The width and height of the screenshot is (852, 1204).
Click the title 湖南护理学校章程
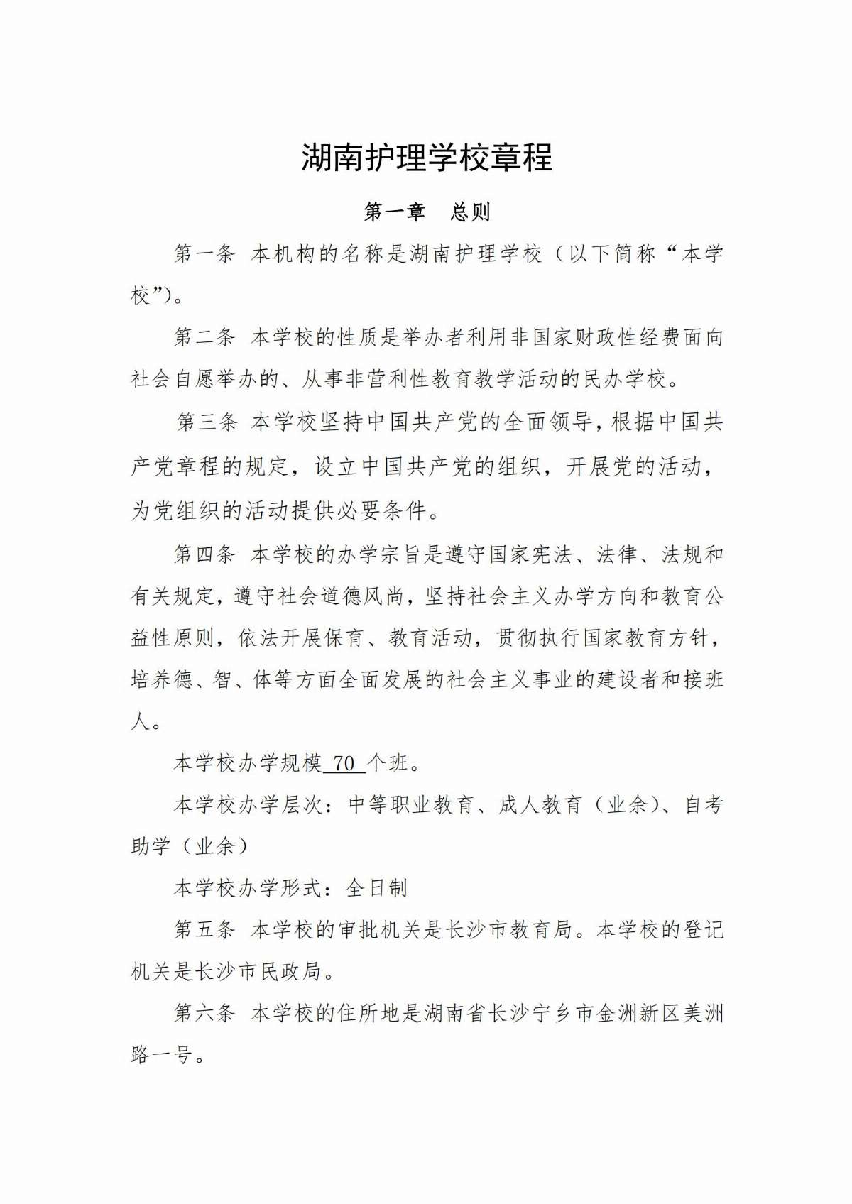coord(427,158)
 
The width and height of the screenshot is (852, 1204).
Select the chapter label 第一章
coord(394,212)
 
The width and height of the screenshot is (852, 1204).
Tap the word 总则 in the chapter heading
coord(470,212)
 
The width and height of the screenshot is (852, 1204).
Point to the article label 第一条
coord(204,254)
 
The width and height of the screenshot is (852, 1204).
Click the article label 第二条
coord(204,337)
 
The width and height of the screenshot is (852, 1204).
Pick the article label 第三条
coord(207,422)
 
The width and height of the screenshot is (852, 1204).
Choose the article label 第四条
coord(204,554)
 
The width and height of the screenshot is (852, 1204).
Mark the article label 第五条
coord(204,929)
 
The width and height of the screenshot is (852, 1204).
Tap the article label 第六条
coord(204,1013)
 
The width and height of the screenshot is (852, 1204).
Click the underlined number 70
coord(344,763)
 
